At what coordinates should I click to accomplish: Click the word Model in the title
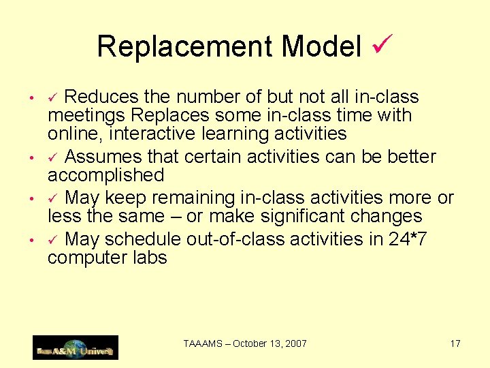pyautogui.click(x=321, y=46)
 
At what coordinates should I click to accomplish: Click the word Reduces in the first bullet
pyautogui.click(x=102, y=97)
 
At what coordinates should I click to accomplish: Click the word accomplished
pyautogui.click(x=105, y=175)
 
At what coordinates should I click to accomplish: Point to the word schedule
pyautogui.click(x=142, y=240)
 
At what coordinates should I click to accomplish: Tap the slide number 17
pyautogui.click(x=455, y=343)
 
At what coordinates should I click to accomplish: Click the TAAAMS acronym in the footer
pyautogui.click(x=203, y=343)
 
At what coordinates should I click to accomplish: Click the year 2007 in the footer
pyautogui.click(x=295, y=343)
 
